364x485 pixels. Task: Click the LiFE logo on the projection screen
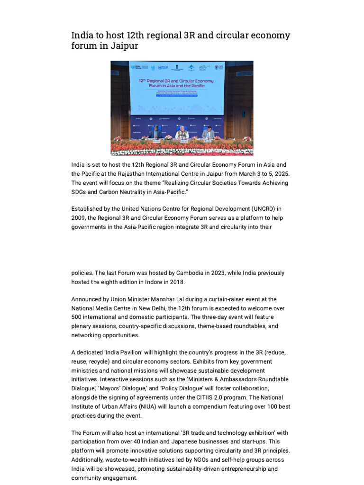point(219,68)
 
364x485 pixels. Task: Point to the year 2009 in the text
point(79,217)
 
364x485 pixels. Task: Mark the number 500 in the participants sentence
point(77,317)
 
